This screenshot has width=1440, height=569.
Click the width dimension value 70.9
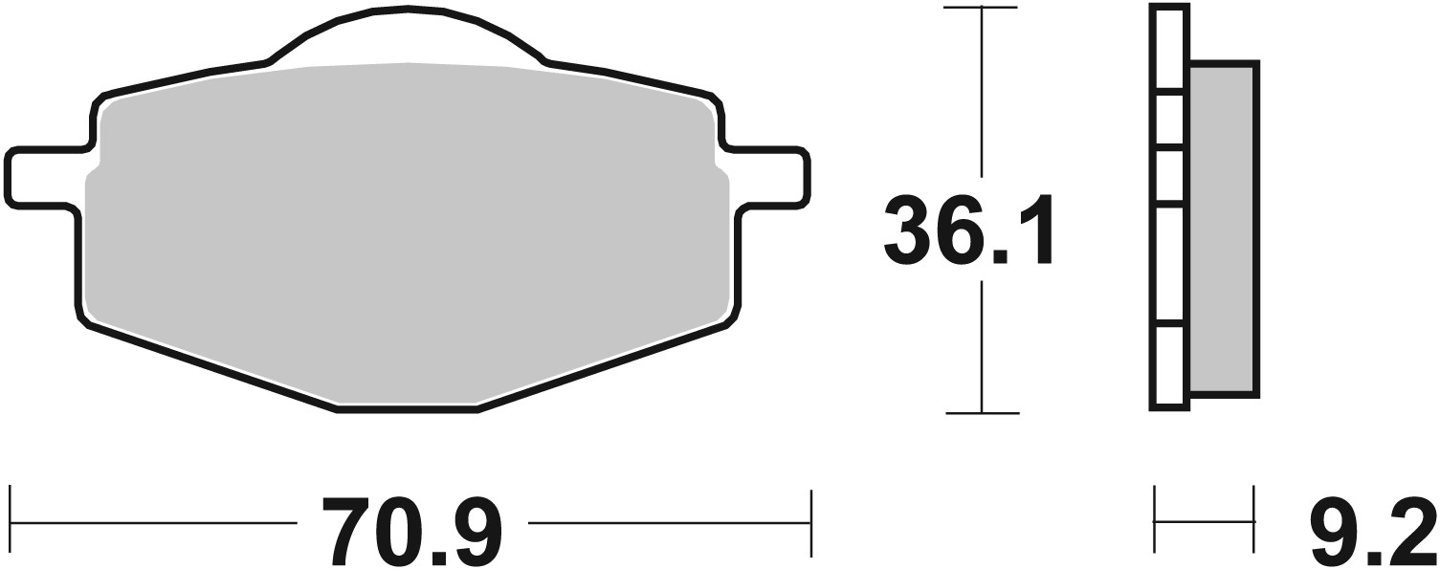tap(411, 532)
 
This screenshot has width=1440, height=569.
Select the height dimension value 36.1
tap(968, 230)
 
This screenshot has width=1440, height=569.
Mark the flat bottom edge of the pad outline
tap(407, 410)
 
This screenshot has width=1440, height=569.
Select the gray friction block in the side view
tap(1223, 230)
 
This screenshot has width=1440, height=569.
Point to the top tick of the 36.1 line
tap(981, 8)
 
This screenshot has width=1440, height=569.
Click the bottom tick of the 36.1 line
tap(982, 413)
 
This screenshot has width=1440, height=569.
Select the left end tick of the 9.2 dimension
tap(1156, 521)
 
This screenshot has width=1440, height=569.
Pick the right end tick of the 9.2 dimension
tap(1254, 521)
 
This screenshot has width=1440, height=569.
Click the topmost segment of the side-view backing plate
tap(1169, 48)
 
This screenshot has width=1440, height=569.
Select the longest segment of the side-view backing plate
tap(1169, 263)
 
